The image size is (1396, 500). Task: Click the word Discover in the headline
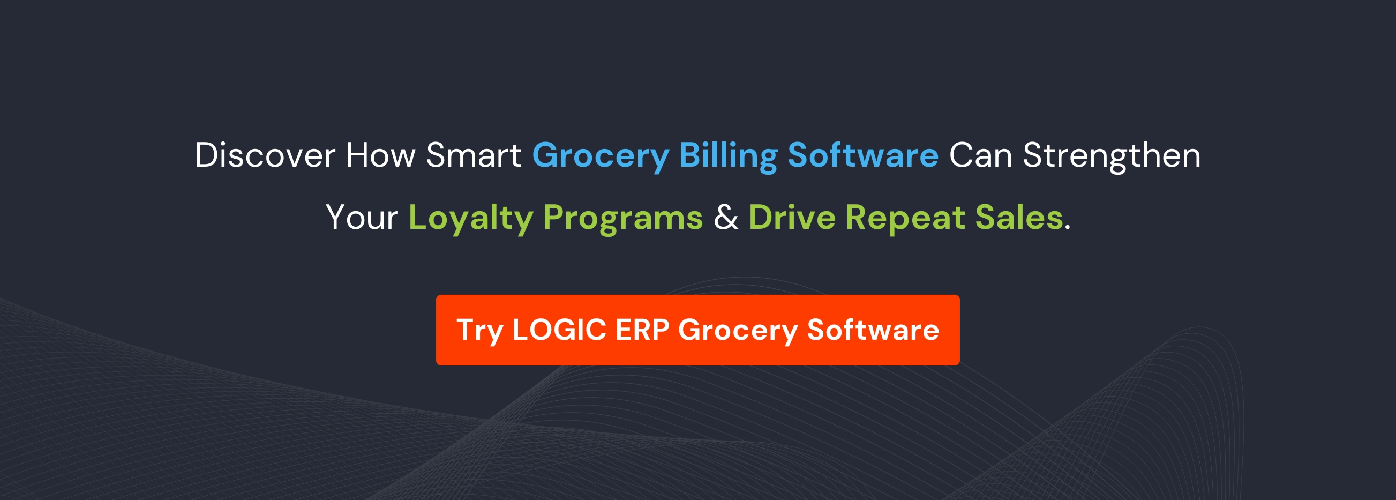(265, 155)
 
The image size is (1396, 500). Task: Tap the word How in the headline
(380, 155)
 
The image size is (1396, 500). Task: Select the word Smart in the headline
(474, 155)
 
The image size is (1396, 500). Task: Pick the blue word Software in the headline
(863, 155)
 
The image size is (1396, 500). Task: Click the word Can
(980, 155)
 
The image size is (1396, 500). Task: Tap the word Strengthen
(1112, 156)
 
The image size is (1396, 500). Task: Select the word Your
(362, 218)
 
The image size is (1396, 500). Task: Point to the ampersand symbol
(726, 218)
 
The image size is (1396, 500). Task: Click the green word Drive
(792, 218)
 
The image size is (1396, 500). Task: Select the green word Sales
(1019, 218)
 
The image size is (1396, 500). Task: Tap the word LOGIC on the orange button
(559, 330)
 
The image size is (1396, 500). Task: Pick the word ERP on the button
(642, 330)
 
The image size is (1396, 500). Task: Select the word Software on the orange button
(873, 329)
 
